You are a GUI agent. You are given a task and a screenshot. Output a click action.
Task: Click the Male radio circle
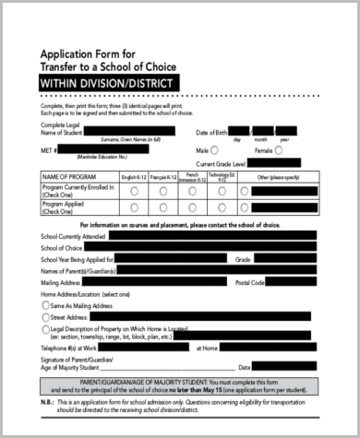[x=215, y=148]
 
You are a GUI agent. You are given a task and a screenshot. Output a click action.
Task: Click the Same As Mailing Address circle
[x=46, y=304]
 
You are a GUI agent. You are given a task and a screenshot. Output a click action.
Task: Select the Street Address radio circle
[x=46, y=316]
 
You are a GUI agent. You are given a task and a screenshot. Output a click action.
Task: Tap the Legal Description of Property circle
[x=46, y=329]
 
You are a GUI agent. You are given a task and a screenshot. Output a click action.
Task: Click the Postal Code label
[x=250, y=282]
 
